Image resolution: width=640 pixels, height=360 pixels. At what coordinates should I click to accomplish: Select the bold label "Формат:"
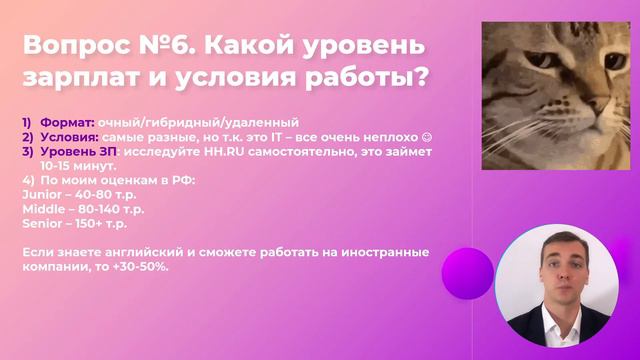[x=67, y=122]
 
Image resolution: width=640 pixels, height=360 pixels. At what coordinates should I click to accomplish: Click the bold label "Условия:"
[x=68, y=136]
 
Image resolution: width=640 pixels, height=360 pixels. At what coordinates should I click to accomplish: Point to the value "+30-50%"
[x=142, y=267]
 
